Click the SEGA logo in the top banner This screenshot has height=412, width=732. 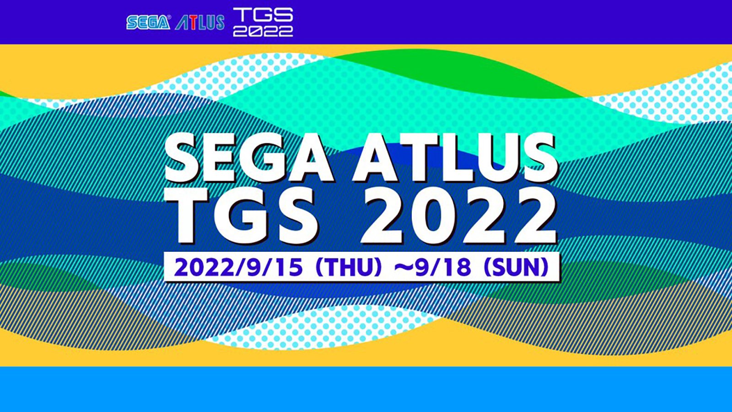[x=148, y=22]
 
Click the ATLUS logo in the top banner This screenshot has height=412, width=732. [x=200, y=22]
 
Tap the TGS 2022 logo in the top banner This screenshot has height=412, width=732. [x=263, y=22]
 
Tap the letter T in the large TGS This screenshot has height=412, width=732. [x=195, y=215]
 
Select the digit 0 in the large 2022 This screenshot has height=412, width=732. [x=434, y=215]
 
